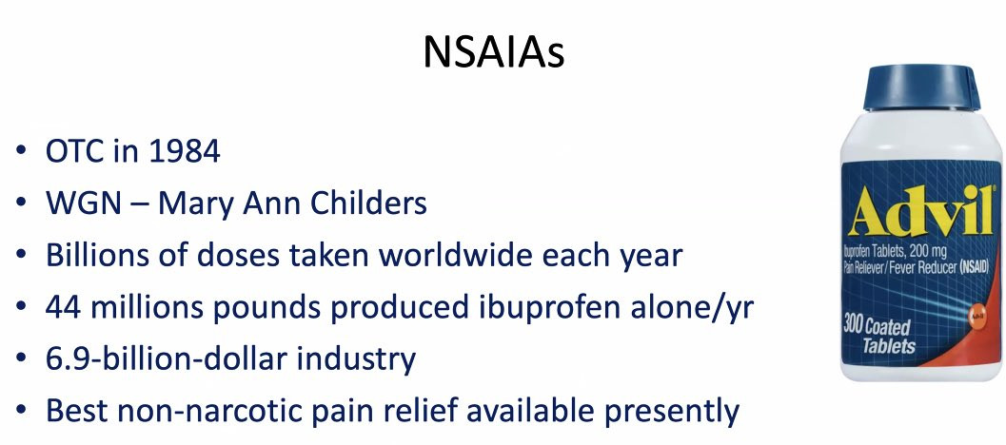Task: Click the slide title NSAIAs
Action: (493, 52)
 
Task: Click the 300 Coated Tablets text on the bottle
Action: (879, 336)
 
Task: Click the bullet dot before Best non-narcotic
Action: (21, 409)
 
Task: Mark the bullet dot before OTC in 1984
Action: (21, 150)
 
